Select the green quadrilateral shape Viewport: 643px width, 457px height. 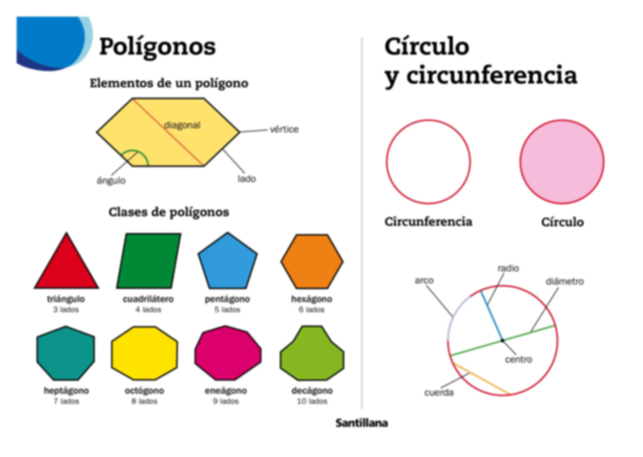149,261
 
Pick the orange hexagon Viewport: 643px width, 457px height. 312,261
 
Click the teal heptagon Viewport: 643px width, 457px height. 66,354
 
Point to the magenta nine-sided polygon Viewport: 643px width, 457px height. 228,353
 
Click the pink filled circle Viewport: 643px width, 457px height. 562,162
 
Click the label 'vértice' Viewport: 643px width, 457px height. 284,130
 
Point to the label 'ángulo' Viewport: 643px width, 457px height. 111,180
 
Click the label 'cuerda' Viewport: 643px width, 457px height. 439,392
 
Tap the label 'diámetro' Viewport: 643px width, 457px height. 565,281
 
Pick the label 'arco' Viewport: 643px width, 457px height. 424,280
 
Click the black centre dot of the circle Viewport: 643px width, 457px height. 502,340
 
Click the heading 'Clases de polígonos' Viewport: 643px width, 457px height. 169,212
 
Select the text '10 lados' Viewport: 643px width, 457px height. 312,401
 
